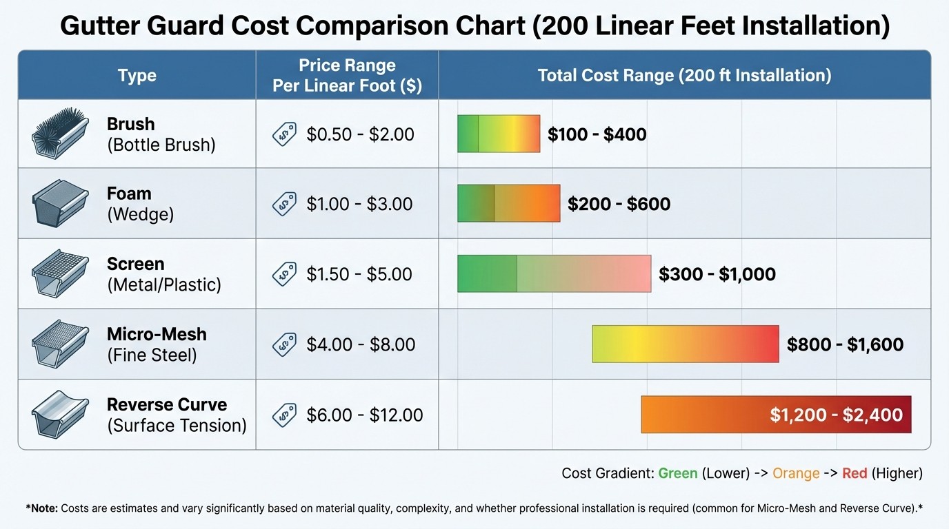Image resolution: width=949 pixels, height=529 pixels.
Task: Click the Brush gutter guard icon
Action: (x=61, y=134)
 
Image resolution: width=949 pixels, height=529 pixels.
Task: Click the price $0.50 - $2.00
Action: (x=360, y=134)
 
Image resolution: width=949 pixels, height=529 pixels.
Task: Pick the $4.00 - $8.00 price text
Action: (x=361, y=344)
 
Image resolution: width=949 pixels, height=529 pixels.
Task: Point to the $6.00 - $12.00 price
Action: (x=365, y=415)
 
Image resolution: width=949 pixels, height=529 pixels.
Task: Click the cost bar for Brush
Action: (x=499, y=134)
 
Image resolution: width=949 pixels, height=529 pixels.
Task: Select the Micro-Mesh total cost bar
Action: (x=685, y=344)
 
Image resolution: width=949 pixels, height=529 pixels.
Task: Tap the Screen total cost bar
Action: (x=554, y=273)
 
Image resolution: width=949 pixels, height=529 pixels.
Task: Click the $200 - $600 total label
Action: (x=619, y=204)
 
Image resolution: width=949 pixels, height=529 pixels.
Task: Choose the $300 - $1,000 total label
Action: (x=717, y=274)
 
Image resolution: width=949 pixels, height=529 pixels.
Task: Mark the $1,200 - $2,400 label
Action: (x=836, y=415)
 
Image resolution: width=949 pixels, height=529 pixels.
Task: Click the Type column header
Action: (x=137, y=76)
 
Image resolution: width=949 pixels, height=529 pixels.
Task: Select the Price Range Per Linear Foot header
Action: (x=347, y=76)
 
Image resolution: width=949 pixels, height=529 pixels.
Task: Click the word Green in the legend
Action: (x=677, y=473)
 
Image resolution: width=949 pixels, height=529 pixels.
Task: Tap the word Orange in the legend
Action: (x=796, y=473)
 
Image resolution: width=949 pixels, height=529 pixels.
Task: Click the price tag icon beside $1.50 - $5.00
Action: (x=284, y=273)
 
